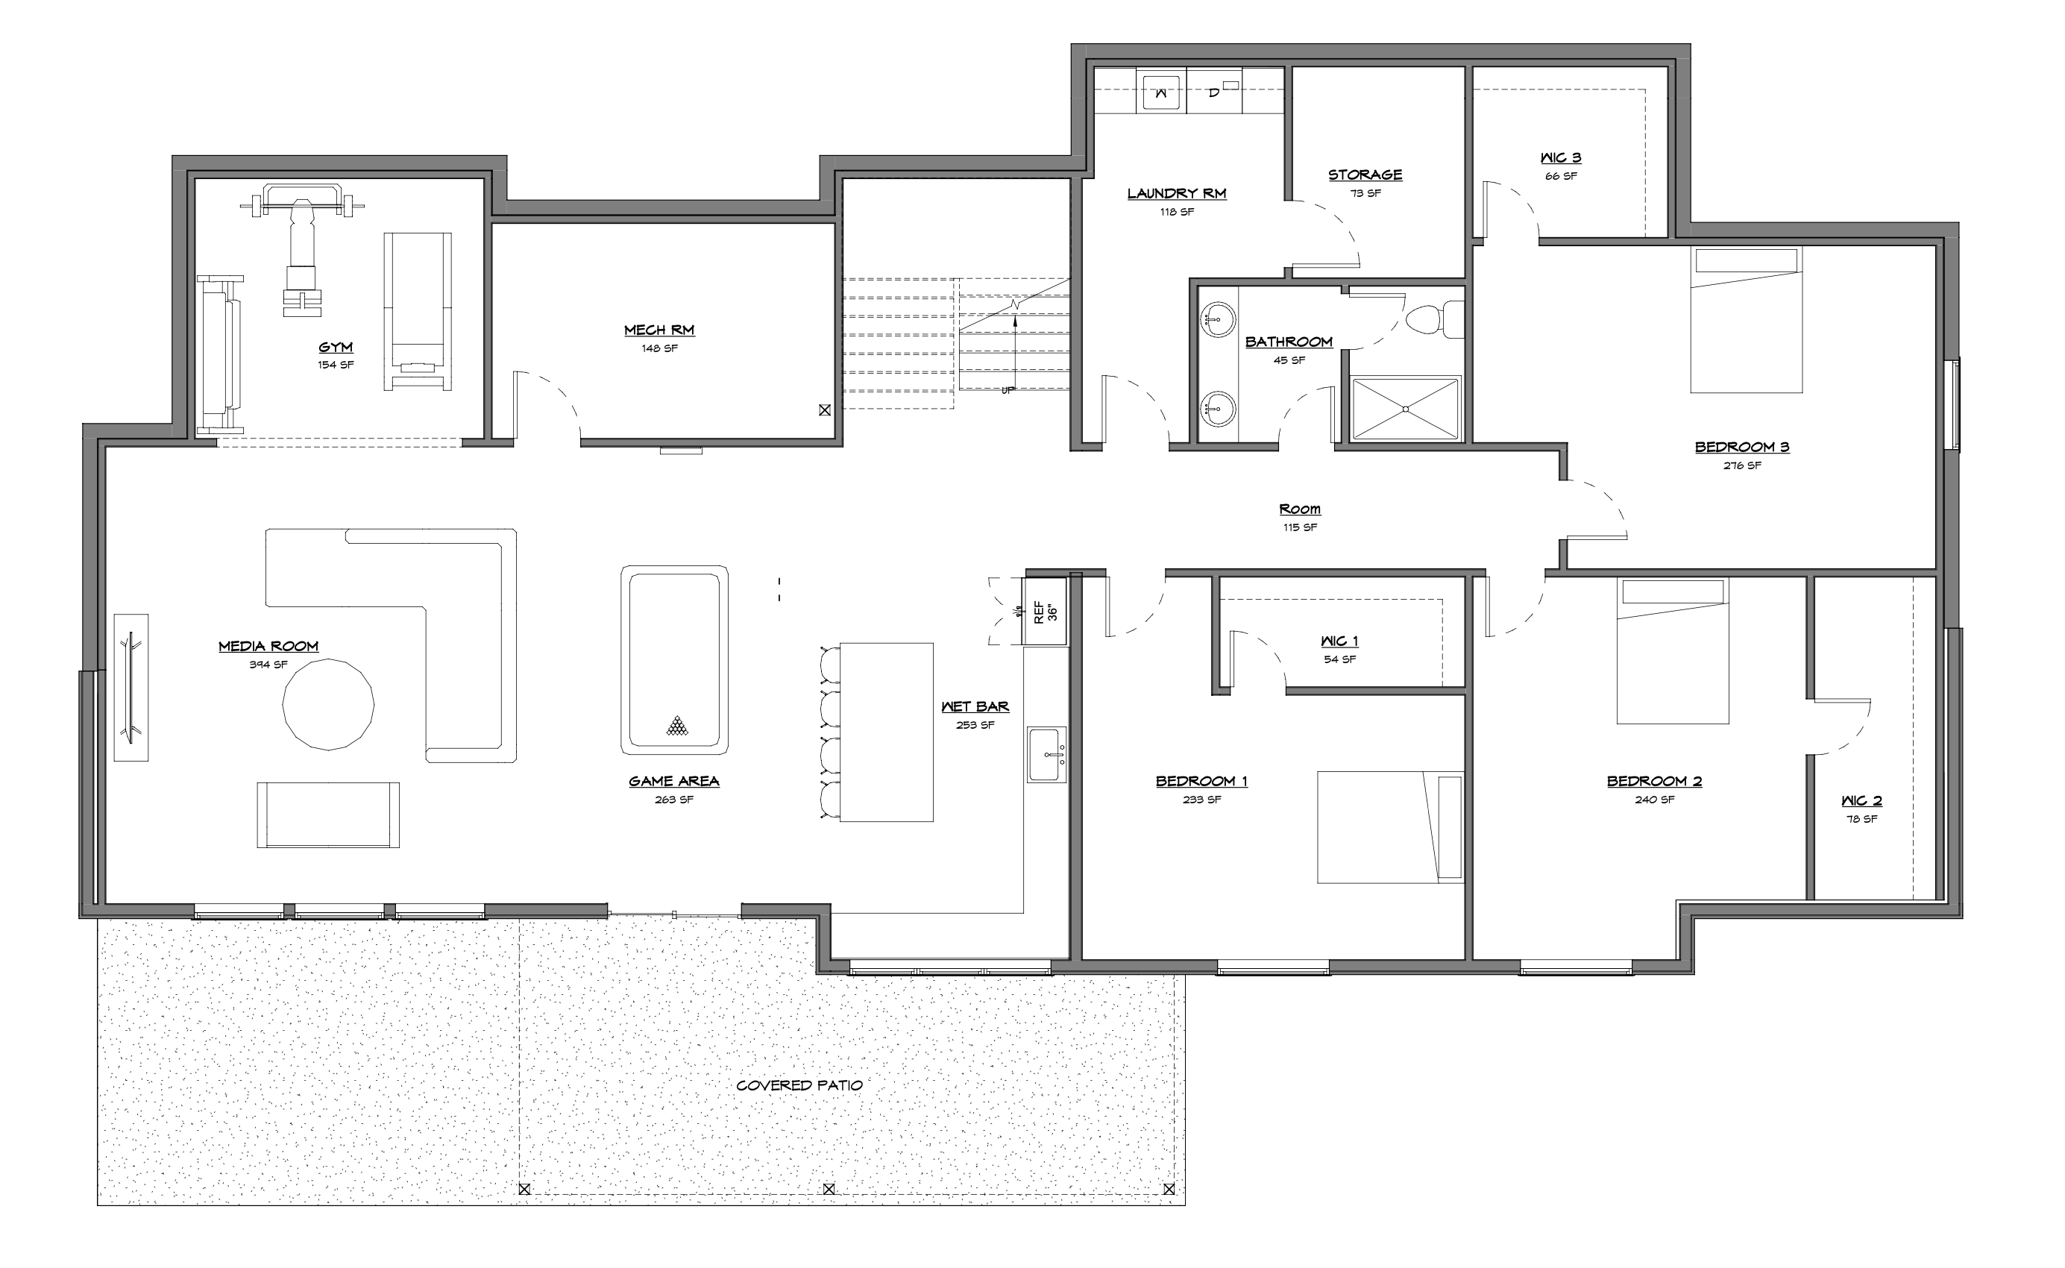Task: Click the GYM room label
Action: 336,347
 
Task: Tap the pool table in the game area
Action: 674,660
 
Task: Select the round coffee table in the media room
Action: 328,704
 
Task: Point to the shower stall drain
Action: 1406,409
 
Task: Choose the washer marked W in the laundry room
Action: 1161,92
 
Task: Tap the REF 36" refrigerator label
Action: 1046,612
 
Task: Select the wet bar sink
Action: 1046,754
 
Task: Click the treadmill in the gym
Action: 418,311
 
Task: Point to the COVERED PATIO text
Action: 799,1085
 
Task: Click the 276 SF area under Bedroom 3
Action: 1742,465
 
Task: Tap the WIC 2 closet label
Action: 1861,801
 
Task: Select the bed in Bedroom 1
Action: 1390,827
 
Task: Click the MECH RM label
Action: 659,330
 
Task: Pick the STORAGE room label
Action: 1365,175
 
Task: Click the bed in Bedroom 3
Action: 1746,319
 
